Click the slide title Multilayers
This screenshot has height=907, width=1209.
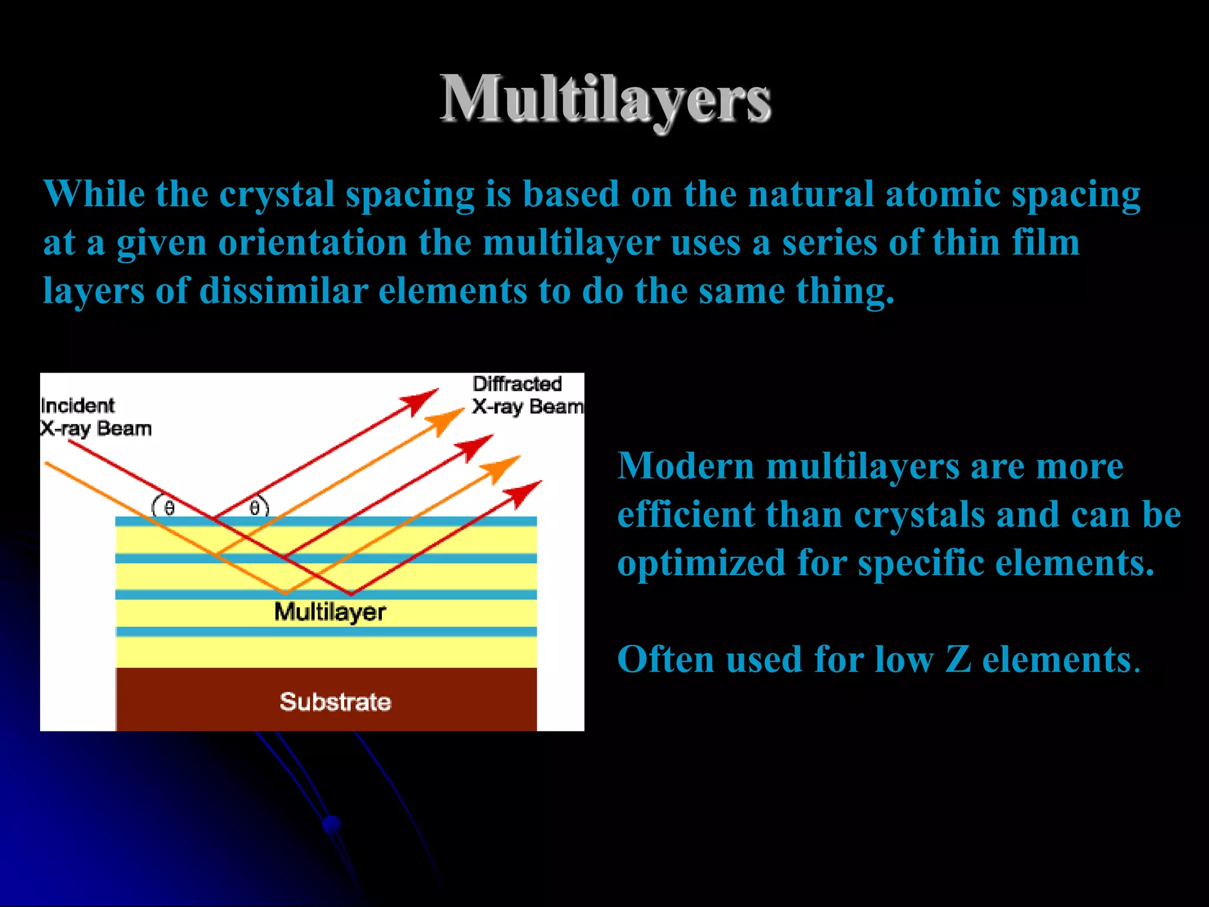coord(605,99)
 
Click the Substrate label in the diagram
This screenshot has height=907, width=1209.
coord(335,702)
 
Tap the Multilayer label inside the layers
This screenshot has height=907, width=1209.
coord(330,612)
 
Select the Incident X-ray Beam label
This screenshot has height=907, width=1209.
coord(95,417)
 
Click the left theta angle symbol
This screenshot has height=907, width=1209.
coord(169,508)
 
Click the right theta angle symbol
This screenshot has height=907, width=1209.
coord(254,508)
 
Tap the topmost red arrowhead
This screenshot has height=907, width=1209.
coord(420,401)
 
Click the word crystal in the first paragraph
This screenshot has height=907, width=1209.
coord(277,194)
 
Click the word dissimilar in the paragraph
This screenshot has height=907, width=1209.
coord(284,291)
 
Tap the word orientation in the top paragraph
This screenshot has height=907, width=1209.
coord(313,242)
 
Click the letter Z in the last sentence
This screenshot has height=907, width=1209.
coord(958,659)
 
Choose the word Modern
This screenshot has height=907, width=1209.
coord(685,466)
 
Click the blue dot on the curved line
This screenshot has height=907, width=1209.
coord(332,824)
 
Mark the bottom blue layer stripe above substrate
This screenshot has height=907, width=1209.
coord(326,631)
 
